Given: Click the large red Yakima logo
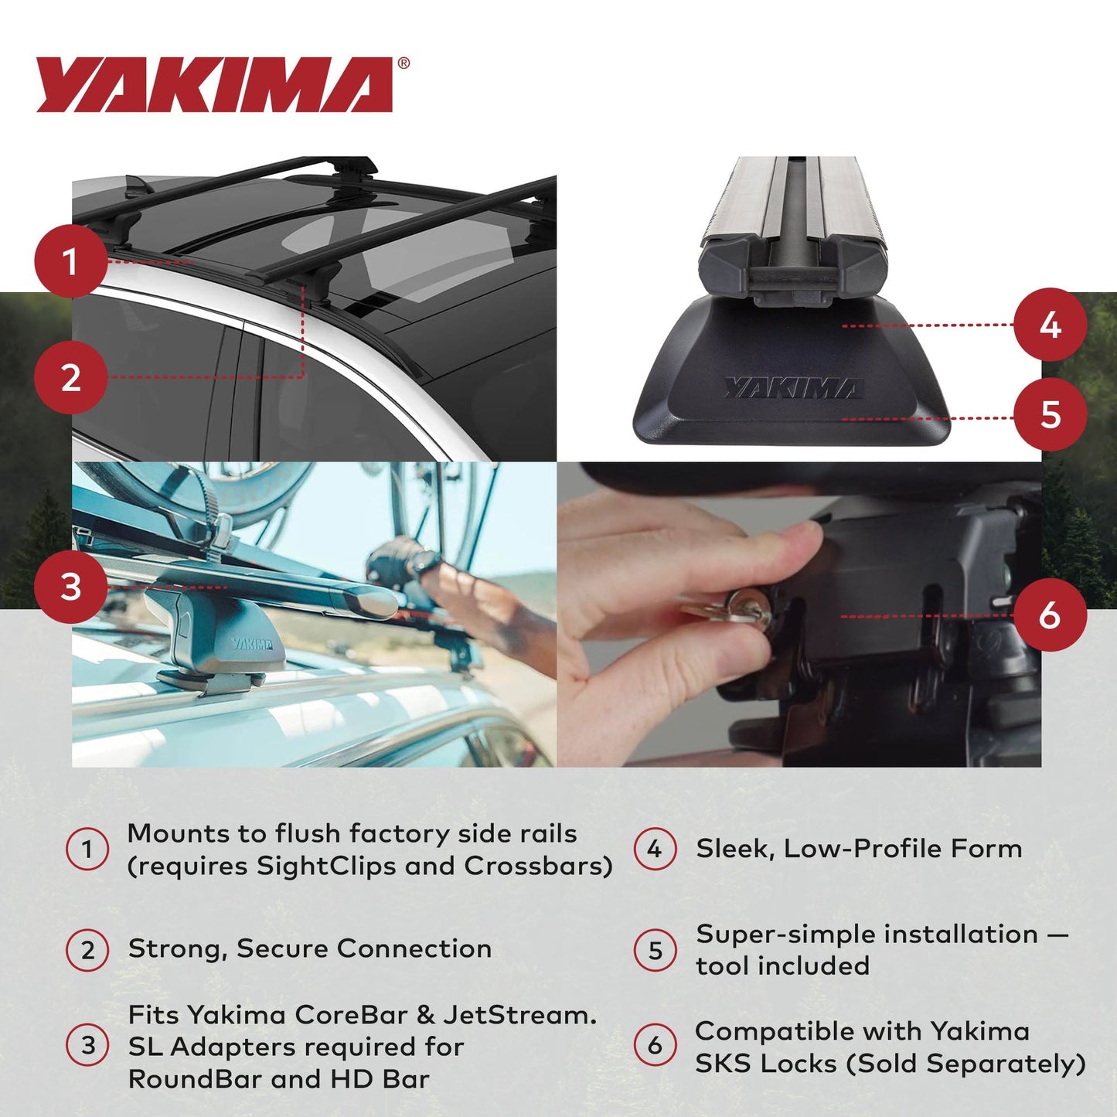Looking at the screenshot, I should (x=215, y=85).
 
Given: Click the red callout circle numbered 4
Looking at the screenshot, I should (x=1049, y=325).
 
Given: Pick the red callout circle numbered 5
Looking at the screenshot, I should (x=1049, y=414).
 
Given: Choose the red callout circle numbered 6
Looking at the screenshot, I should (x=1049, y=615).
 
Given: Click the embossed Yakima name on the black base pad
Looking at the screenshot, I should (x=792, y=388).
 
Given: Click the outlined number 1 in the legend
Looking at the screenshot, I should (x=87, y=850).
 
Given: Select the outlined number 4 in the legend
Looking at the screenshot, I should (x=655, y=850).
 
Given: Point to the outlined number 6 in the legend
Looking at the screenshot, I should (x=655, y=1046).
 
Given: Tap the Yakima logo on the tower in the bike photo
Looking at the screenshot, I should (x=251, y=644).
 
